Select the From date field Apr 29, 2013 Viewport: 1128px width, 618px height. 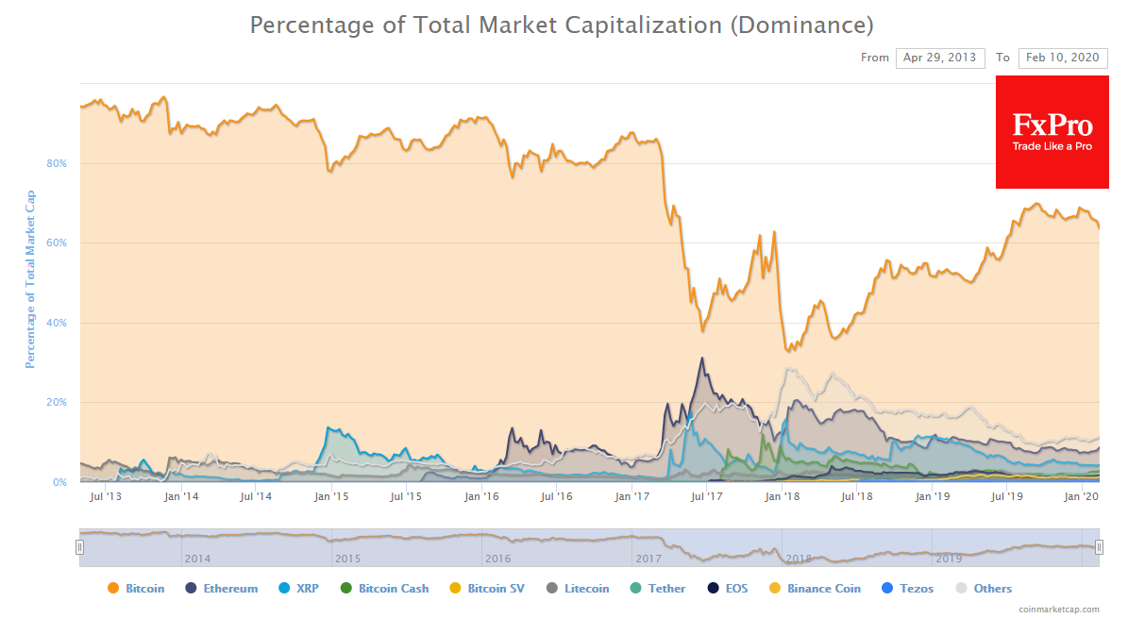coord(940,58)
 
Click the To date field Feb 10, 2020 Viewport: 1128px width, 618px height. coord(1063,58)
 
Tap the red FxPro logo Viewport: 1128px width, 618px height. coord(1052,132)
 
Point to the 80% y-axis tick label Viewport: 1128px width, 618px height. coord(57,163)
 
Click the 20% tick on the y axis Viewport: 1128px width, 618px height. coord(57,402)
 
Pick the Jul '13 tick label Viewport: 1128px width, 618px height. coord(105,496)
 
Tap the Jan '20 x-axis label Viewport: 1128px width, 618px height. coord(1082,496)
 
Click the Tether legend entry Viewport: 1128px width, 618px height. coord(658,589)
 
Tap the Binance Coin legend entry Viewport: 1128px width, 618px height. coord(816,589)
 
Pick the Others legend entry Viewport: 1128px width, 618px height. coord(984,589)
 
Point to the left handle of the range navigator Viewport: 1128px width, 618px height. coord(80,546)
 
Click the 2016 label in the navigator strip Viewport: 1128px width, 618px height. coord(497,559)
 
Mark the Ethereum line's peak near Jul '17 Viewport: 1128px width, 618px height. coord(701,358)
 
